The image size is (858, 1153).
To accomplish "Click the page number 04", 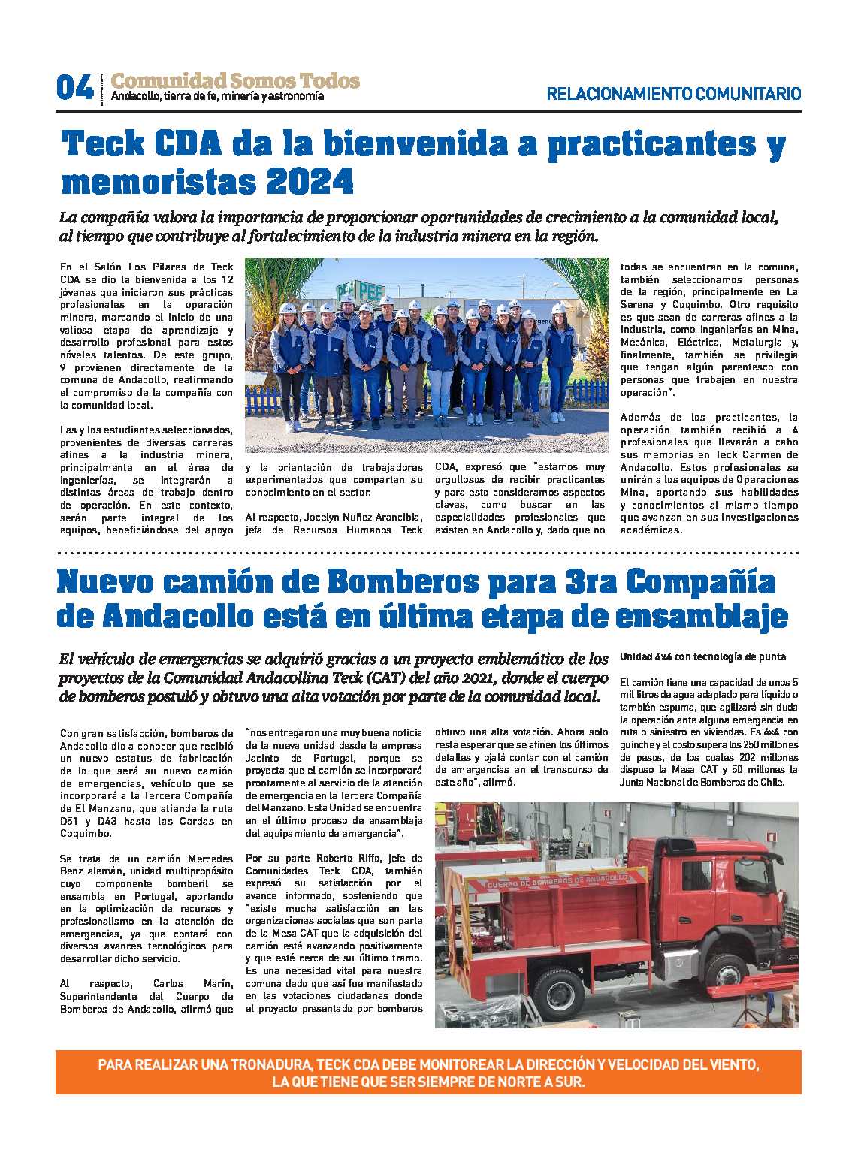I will click(74, 89).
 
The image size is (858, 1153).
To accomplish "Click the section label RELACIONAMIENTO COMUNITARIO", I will click(673, 94).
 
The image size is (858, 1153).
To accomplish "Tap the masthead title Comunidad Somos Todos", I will click(235, 80).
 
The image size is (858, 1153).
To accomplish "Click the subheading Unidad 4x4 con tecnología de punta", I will click(702, 656).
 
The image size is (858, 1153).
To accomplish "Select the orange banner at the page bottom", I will click(428, 1072).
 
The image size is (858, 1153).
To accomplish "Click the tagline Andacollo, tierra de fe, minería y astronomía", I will click(217, 96).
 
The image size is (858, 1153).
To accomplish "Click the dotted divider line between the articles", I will click(428, 553).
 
